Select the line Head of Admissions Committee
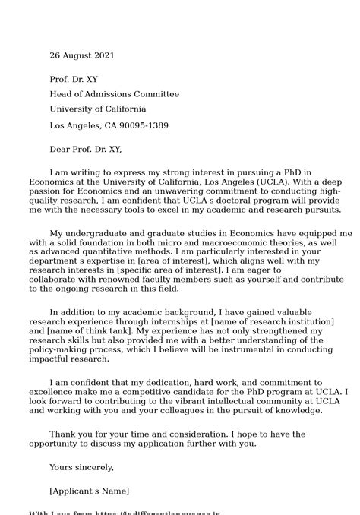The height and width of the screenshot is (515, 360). (114, 94)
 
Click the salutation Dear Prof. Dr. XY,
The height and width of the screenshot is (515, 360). (85, 149)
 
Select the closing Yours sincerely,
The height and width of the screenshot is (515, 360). (81, 467)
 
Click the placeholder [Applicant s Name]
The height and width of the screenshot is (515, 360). (89, 491)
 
